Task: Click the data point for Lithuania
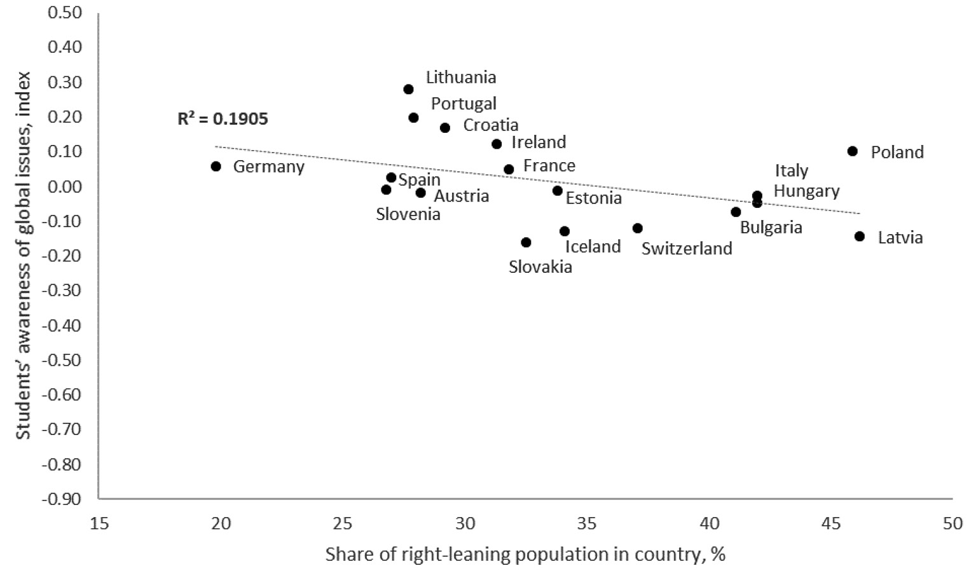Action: tap(408, 89)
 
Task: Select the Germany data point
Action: tap(216, 166)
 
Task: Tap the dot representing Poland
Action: tap(853, 151)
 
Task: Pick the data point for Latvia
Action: tap(860, 236)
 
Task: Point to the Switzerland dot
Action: tap(638, 228)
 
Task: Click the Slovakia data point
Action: tap(526, 242)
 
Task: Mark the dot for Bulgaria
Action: tap(736, 212)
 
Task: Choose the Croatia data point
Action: tap(445, 128)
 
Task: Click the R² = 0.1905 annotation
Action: tap(223, 119)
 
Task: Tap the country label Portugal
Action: tap(464, 103)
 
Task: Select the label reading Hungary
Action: tap(806, 191)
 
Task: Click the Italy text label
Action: tap(792, 171)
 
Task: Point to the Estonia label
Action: tap(594, 198)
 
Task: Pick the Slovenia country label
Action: tap(408, 214)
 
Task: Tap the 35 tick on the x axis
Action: tap(587, 524)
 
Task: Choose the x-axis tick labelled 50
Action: tap(952, 524)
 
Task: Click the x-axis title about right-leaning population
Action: tap(525, 555)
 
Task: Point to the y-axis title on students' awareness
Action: tap(24, 254)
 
